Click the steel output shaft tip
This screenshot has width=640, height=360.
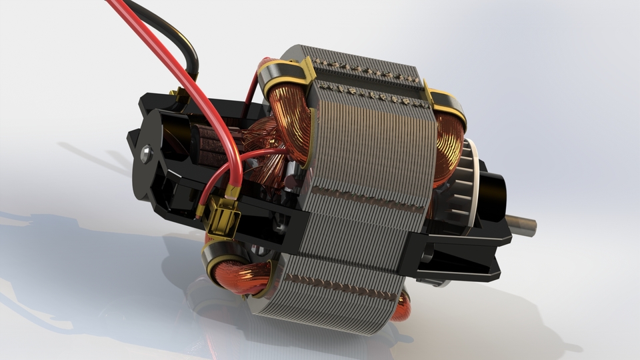point(523,225)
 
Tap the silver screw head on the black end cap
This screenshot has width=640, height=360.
point(146,155)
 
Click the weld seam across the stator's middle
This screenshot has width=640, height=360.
point(367,199)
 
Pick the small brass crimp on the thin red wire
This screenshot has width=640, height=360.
point(200,210)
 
